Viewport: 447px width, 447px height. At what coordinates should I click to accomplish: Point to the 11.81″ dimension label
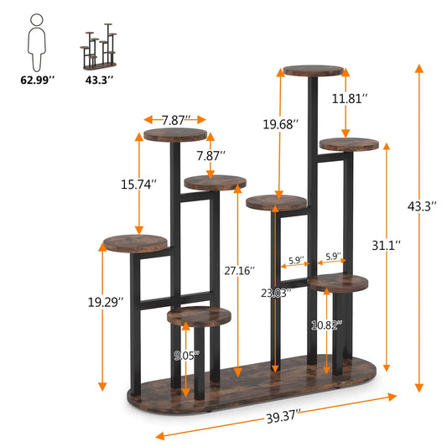(x=349, y=98)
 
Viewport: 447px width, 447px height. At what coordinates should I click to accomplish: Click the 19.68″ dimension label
(x=279, y=124)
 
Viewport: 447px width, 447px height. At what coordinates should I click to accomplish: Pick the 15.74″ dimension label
(x=138, y=184)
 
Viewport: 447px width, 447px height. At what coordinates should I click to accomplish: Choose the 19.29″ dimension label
(x=107, y=299)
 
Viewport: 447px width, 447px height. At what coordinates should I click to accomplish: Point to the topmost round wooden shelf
(x=314, y=70)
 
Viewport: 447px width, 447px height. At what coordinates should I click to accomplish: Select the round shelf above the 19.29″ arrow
(x=136, y=243)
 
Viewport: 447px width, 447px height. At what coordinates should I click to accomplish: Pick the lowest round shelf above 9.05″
(x=199, y=315)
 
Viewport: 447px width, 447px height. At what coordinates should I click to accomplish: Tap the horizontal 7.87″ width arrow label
(x=174, y=120)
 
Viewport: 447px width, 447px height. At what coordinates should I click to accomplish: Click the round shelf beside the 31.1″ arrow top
(x=349, y=144)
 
